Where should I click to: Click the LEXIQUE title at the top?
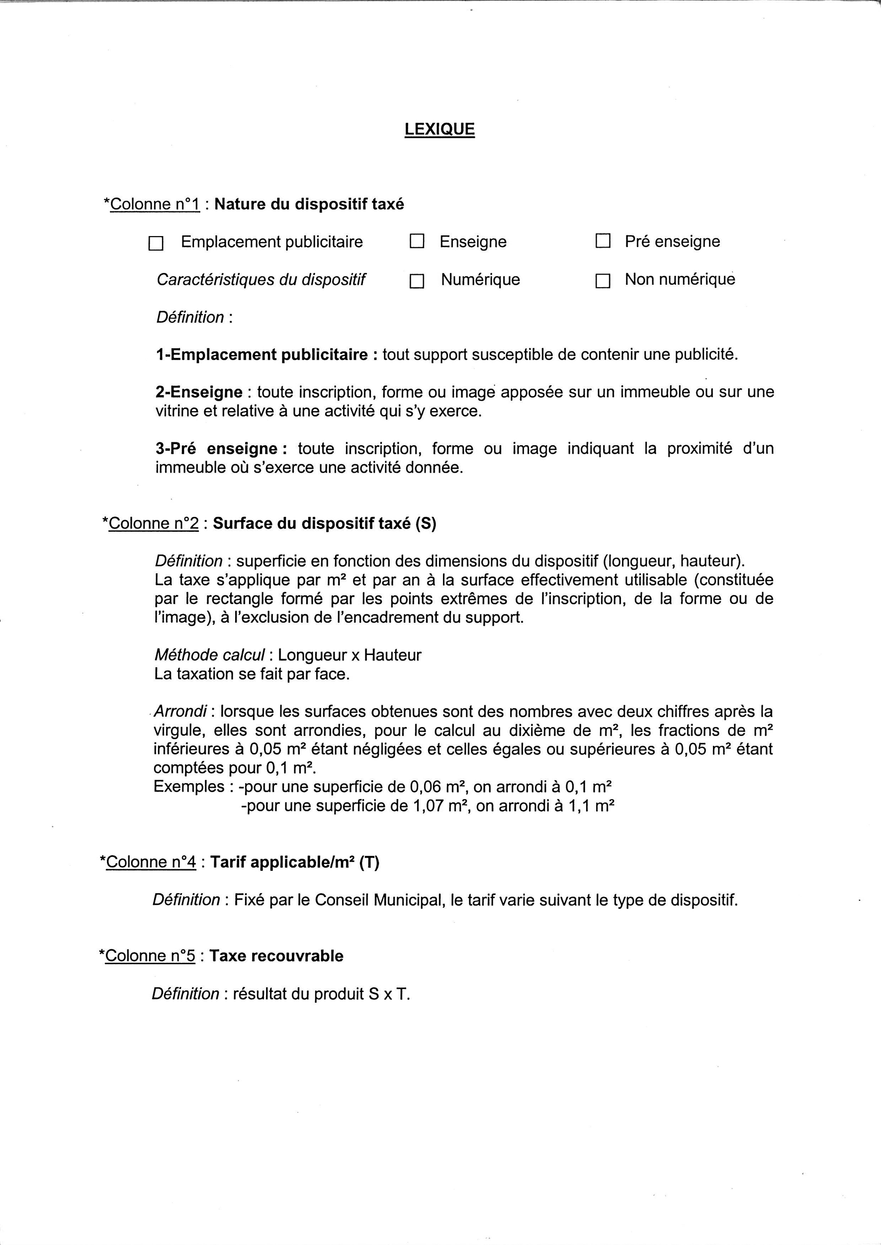(x=440, y=129)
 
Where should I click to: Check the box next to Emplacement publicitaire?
(x=156, y=244)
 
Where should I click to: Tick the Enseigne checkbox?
(x=417, y=242)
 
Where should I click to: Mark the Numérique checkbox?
(x=417, y=281)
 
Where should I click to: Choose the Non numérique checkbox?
(x=603, y=281)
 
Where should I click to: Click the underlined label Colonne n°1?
(x=155, y=204)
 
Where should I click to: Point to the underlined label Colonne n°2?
(x=154, y=523)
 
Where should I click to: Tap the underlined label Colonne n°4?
(x=151, y=862)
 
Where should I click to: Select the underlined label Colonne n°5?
(x=150, y=955)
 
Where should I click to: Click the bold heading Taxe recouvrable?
(x=276, y=955)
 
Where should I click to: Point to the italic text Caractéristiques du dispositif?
(x=261, y=280)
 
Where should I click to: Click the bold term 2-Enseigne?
(x=199, y=392)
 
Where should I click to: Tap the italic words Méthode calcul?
(x=209, y=655)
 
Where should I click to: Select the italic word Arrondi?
(x=180, y=711)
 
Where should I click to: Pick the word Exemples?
(x=189, y=787)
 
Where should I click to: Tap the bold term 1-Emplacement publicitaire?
(x=262, y=355)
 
